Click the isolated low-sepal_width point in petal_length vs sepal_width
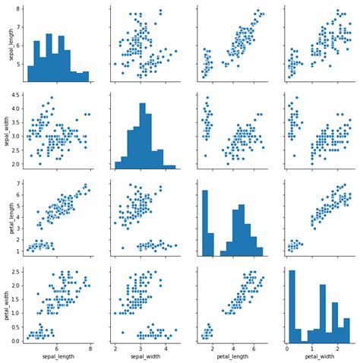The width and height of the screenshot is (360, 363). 122,248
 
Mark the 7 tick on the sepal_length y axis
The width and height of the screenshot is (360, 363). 19,30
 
